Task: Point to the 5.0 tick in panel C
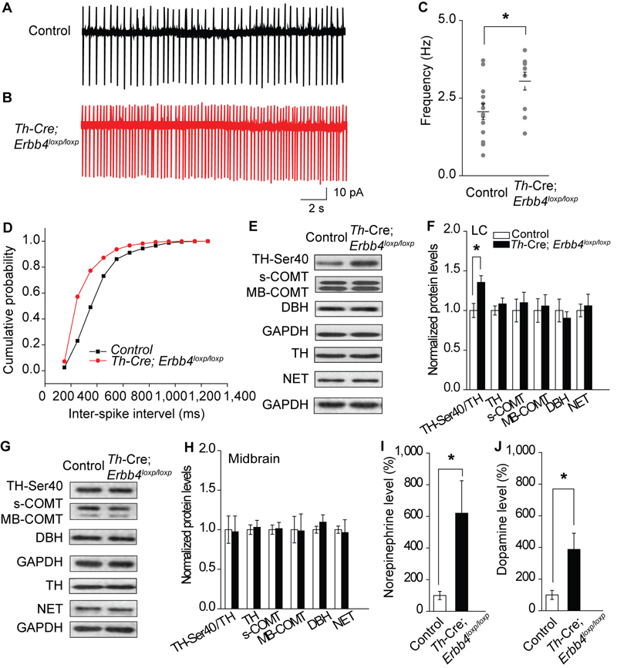[438, 20]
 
